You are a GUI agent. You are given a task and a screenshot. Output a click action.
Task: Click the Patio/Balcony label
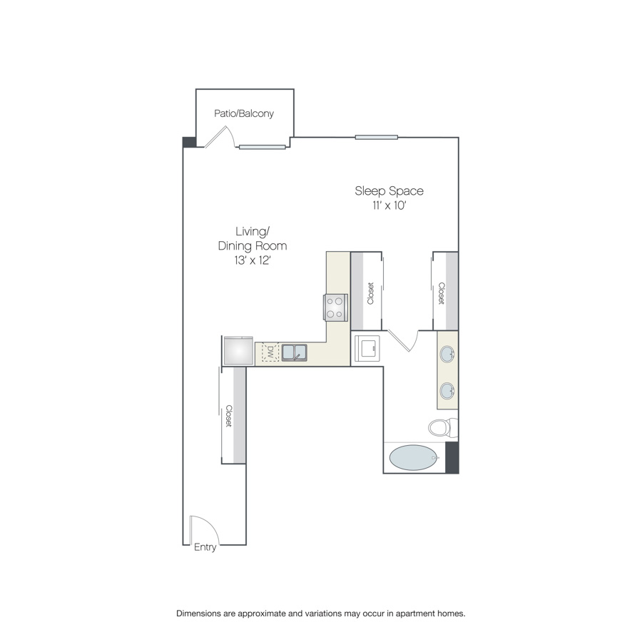coord(244,113)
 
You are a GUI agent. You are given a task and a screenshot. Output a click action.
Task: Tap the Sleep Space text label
coord(389,190)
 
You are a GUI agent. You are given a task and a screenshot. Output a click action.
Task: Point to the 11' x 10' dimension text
coord(389,205)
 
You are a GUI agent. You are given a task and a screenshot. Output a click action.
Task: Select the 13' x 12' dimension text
coord(253,260)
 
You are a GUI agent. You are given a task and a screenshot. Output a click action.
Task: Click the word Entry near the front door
coord(205,547)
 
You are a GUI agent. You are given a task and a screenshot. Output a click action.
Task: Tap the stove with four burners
coord(335,307)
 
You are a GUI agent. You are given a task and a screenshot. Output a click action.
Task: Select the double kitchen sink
coord(295,352)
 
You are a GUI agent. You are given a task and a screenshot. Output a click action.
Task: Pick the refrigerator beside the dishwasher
coord(238,351)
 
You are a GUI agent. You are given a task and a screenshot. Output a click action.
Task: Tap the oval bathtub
coord(414,458)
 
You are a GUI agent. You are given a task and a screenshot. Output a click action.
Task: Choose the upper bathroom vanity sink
coord(447,354)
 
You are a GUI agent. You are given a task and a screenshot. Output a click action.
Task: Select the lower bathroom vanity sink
coord(447,391)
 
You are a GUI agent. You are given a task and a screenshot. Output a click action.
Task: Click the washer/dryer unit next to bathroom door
coord(367,348)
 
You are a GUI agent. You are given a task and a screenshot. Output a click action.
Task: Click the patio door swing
coord(220,137)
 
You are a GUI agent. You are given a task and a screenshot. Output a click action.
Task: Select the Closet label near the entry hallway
coord(229,416)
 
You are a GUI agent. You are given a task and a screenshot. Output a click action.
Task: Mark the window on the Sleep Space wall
coord(376,137)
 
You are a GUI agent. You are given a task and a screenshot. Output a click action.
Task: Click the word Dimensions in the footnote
coord(198,613)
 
